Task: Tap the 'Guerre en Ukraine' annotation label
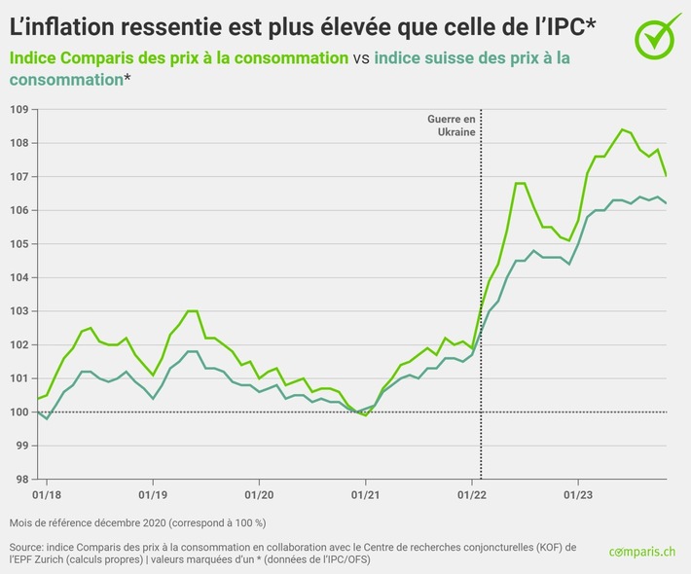point(453,125)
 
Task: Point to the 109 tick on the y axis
point(19,109)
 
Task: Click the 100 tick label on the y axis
point(19,413)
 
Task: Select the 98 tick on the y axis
point(19,480)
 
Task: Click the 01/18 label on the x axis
point(46,493)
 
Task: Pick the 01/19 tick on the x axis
point(152,493)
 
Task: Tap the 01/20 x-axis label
point(258,493)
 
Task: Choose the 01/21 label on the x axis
point(365,493)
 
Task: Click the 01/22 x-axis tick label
point(472,493)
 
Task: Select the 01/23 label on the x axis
point(579,493)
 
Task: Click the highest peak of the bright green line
point(622,129)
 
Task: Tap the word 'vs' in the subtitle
point(360,58)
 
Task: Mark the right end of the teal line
point(666,203)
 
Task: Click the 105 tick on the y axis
point(19,244)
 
